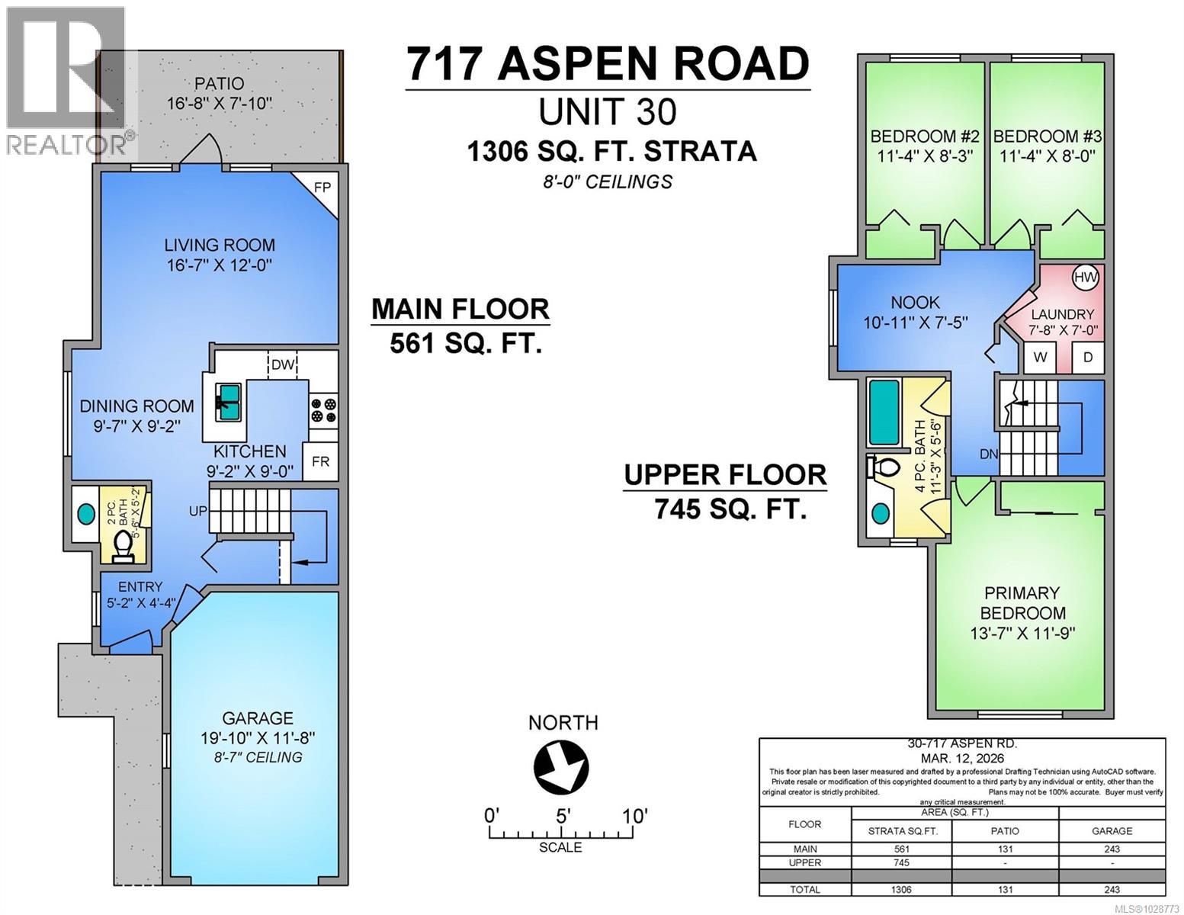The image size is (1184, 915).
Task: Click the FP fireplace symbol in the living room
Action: click(x=323, y=186)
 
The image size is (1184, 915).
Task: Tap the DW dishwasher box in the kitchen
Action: click(x=283, y=364)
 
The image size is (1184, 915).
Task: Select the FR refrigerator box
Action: click(x=321, y=462)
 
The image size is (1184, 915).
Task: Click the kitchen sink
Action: click(x=227, y=399)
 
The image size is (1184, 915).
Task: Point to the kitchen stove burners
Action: click(x=323, y=409)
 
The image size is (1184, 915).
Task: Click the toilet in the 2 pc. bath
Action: click(x=122, y=546)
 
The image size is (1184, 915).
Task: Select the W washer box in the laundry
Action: click(x=1041, y=357)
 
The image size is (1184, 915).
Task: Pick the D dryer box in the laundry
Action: click(x=1087, y=357)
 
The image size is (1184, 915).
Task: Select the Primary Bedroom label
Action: click(x=1022, y=602)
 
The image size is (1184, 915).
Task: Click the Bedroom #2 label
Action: click(x=925, y=136)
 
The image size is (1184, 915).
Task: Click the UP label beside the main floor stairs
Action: click(x=198, y=511)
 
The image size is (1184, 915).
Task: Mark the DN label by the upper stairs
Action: click(x=989, y=454)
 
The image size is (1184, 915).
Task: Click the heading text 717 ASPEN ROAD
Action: click(x=607, y=64)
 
